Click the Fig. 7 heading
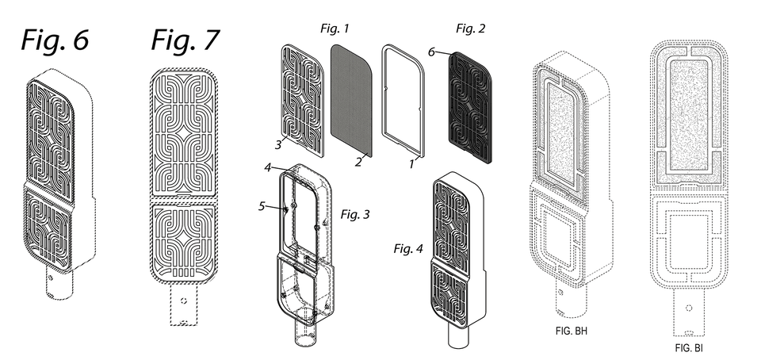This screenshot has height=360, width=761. [x=184, y=40]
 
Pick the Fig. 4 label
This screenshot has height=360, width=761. [x=410, y=249]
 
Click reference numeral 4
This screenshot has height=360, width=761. [x=269, y=168]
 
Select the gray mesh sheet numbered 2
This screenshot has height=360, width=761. [x=350, y=99]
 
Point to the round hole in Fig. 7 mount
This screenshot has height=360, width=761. [x=184, y=301]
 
